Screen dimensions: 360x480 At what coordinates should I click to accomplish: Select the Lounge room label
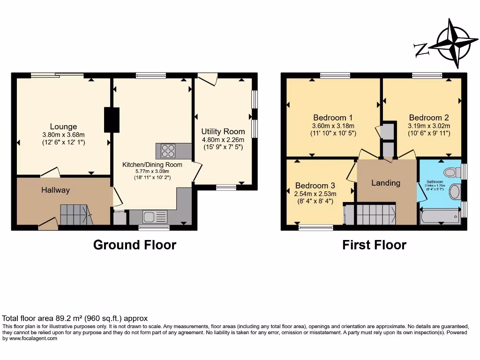click(x=63, y=127)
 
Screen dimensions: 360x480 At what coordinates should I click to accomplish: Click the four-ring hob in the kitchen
click(x=168, y=151)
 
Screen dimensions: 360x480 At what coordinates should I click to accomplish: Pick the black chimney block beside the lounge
click(x=112, y=120)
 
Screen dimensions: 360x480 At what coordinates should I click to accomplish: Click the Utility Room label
click(x=223, y=131)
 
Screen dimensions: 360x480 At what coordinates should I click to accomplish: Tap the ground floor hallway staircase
click(x=75, y=215)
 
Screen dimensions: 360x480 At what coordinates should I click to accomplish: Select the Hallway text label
click(x=55, y=190)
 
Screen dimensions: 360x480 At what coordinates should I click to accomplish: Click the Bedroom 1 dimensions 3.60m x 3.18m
click(x=333, y=126)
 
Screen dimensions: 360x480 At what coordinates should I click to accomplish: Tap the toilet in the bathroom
click(x=452, y=172)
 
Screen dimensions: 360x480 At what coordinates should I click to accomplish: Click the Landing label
click(x=386, y=183)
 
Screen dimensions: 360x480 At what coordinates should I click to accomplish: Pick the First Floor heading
click(x=374, y=245)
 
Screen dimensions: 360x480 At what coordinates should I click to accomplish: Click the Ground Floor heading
click(x=135, y=245)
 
